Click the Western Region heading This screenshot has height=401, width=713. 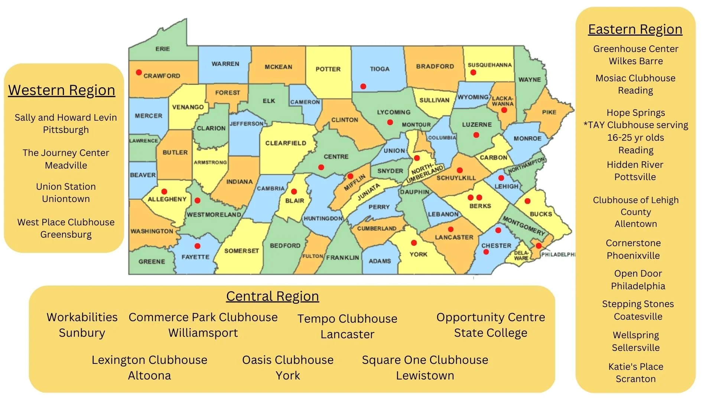tap(62, 90)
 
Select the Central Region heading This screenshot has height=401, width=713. tap(272, 296)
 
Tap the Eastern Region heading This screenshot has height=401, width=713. tap(635, 29)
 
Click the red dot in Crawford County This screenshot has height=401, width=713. tap(139, 72)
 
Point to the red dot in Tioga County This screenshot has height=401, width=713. tap(363, 87)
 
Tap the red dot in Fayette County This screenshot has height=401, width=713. tap(198, 246)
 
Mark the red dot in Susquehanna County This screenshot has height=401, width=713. tap(473, 72)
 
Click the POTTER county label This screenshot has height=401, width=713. tap(328, 69)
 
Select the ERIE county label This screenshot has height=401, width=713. tap(163, 49)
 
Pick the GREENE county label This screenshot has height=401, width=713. tap(152, 261)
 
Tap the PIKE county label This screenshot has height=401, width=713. tap(549, 112)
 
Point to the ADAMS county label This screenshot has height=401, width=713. tap(380, 261)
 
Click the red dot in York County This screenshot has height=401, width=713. tap(414, 243)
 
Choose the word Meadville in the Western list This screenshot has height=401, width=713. tap(66, 166)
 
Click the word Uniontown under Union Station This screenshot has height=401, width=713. tap(66, 199)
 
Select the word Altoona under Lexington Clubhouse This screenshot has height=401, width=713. tap(149, 376)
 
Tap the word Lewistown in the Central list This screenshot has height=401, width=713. tap(425, 376)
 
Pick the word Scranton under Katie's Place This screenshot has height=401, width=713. tap(635, 379)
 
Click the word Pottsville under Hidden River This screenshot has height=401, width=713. tap(635, 177)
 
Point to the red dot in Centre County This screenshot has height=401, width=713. tap(321, 167)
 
